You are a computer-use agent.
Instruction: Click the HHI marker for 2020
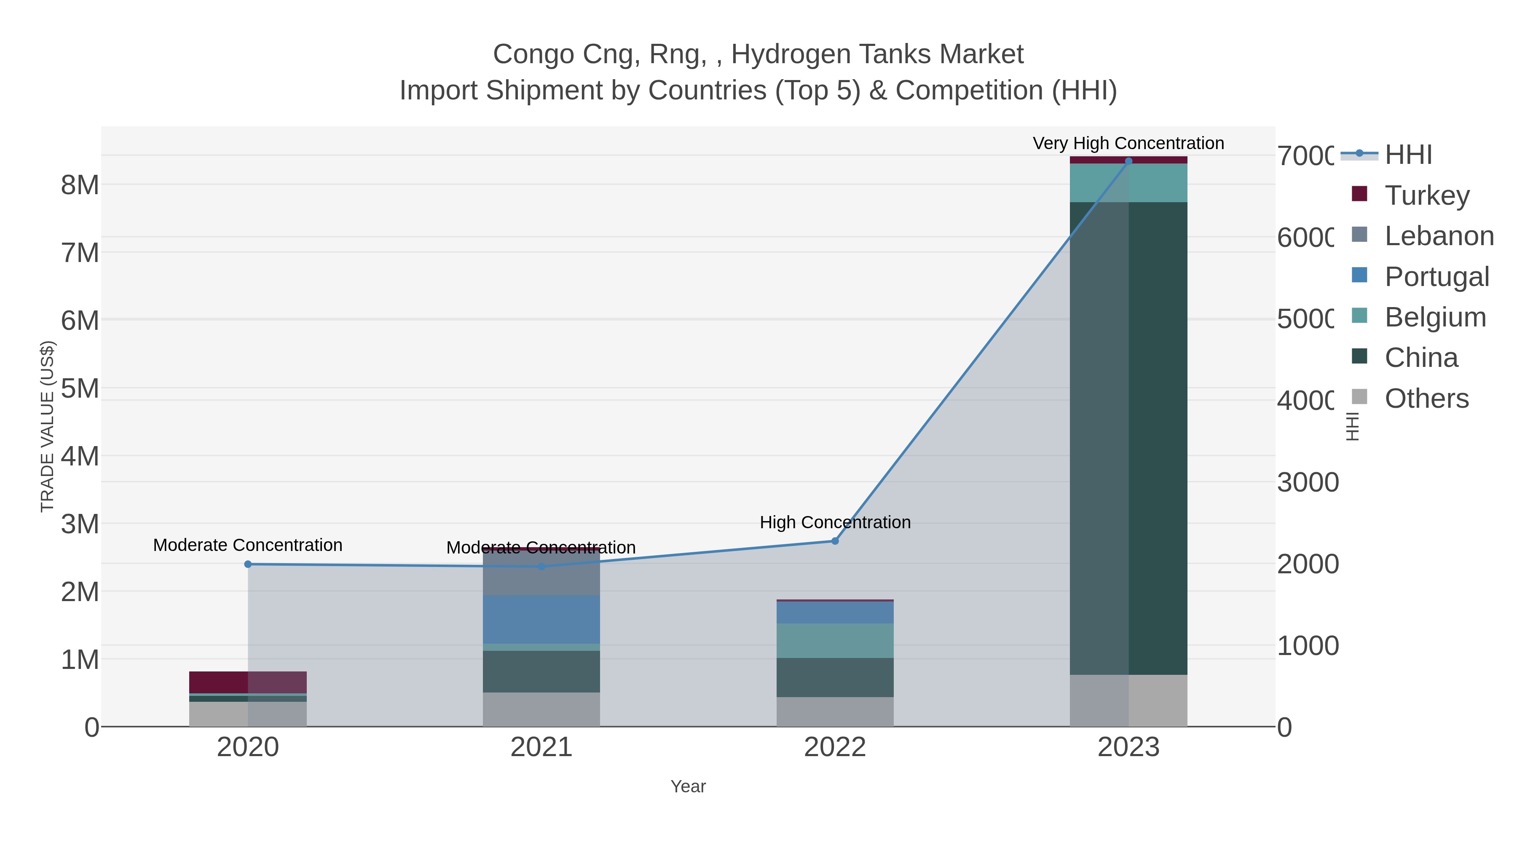(248, 564)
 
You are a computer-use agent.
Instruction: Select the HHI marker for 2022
(834, 540)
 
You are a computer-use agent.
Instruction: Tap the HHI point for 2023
(1128, 161)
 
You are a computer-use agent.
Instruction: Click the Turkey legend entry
(1427, 195)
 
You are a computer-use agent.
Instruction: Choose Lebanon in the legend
(1439, 235)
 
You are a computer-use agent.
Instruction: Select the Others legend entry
(1426, 398)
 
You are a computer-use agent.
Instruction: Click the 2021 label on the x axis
(541, 747)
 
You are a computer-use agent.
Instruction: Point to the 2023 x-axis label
(1128, 747)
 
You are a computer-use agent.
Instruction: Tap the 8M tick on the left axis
(80, 185)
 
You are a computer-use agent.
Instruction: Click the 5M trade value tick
(80, 388)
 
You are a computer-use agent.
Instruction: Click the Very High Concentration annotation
(1128, 143)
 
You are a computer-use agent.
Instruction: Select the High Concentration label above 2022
(835, 522)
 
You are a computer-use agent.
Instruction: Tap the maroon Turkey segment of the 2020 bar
(247, 682)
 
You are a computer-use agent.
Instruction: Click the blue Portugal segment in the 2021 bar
(541, 619)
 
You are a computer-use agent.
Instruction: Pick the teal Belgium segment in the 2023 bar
(1128, 183)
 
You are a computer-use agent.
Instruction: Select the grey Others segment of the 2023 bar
(1128, 700)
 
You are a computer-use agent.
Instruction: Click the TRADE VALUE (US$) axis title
(47, 426)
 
